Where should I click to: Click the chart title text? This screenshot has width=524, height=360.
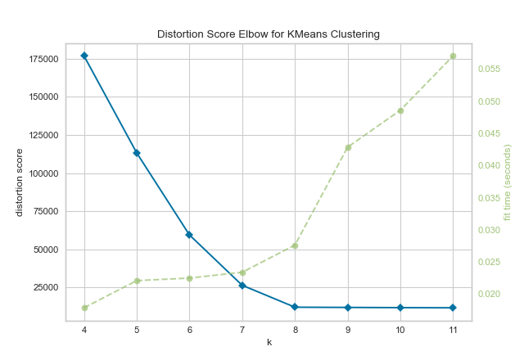click(x=269, y=34)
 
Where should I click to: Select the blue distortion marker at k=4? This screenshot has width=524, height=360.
click(x=84, y=56)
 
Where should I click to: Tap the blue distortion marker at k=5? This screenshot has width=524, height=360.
click(x=137, y=153)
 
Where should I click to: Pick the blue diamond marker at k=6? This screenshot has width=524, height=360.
click(x=189, y=235)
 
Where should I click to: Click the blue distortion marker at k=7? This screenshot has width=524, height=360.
click(x=242, y=286)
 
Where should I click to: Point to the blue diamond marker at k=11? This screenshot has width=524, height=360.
click(x=453, y=308)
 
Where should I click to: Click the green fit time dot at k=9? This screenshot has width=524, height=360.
click(x=348, y=147)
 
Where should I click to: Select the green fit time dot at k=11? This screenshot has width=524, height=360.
click(x=453, y=56)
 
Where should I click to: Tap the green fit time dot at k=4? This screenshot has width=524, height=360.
click(x=84, y=308)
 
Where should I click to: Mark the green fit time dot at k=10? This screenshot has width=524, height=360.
click(x=400, y=110)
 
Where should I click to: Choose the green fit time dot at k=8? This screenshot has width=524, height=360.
click(x=295, y=245)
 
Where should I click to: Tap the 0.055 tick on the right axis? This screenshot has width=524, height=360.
click(x=490, y=69)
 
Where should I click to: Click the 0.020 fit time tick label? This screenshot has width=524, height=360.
click(x=490, y=294)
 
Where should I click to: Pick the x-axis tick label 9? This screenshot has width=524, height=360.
click(x=348, y=331)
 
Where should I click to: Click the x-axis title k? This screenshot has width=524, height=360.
click(x=269, y=342)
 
